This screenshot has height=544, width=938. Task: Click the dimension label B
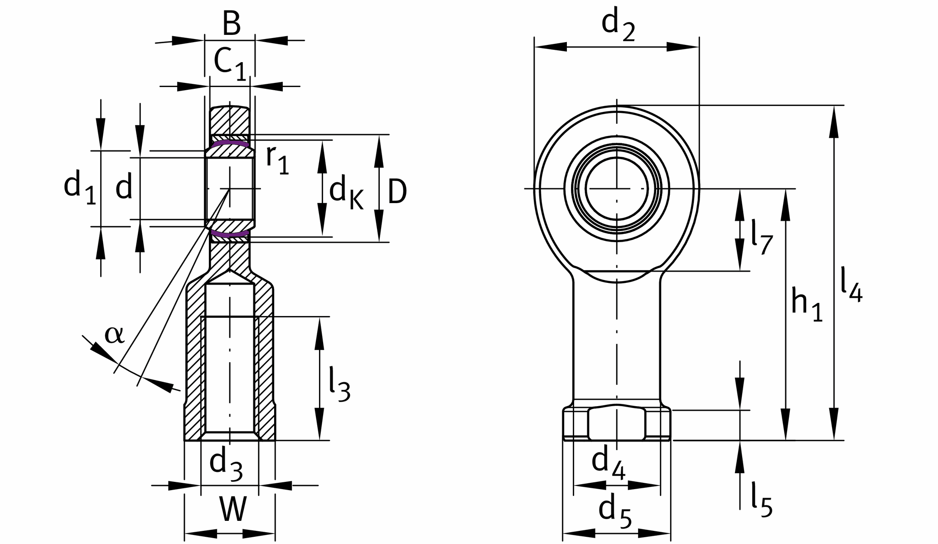(x=231, y=24)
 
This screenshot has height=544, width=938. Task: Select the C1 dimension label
(x=230, y=63)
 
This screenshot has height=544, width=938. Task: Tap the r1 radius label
(x=277, y=160)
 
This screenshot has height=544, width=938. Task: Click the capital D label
(x=397, y=192)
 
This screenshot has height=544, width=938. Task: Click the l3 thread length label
(x=339, y=385)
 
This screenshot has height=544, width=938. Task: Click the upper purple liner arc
(x=230, y=143)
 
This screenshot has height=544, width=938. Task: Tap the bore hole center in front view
(x=617, y=188)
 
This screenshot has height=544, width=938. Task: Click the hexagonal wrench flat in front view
(x=617, y=423)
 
